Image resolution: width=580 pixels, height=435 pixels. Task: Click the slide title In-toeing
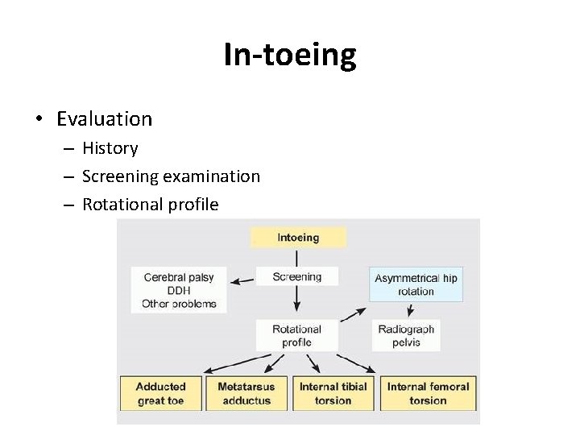[289, 55]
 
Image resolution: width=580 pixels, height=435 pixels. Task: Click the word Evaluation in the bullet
[104, 119]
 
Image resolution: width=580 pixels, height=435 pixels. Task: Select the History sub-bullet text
[110, 148]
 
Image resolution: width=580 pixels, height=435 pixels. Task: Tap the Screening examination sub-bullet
[171, 176]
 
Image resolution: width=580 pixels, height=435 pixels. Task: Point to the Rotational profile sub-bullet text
[150, 205]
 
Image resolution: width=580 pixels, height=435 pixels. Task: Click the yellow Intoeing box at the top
[298, 238]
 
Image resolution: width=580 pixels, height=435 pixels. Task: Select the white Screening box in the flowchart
[297, 276]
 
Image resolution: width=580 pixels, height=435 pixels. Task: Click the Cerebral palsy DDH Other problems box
[179, 290]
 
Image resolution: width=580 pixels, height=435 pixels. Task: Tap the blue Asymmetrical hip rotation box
[416, 284]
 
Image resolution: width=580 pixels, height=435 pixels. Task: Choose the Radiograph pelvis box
[405, 335]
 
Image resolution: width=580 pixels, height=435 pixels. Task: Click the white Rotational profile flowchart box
[296, 335]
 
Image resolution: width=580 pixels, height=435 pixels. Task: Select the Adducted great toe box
[161, 393]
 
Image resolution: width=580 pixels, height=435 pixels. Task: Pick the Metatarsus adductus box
[246, 393]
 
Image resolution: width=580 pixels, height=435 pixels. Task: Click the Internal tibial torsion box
[333, 393]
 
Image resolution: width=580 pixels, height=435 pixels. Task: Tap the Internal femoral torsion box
[428, 393]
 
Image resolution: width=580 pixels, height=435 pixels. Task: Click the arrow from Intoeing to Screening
[297, 257]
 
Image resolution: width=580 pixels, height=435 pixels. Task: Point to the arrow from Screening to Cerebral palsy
[242, 280]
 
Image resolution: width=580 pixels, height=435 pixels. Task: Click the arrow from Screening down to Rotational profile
[297, 300]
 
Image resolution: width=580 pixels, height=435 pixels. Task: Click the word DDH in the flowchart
[179, 291]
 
